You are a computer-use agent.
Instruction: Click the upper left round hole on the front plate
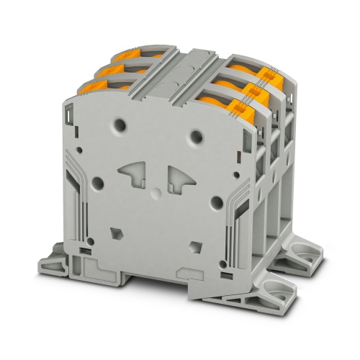click(x=118, y=125)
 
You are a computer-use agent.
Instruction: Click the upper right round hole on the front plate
click(x=194, y=133)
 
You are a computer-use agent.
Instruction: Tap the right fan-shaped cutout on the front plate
click(x=180, y=176)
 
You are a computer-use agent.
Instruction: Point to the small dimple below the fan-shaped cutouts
click(x=153, y=193)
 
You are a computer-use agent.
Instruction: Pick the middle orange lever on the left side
click(x=107, y=69)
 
